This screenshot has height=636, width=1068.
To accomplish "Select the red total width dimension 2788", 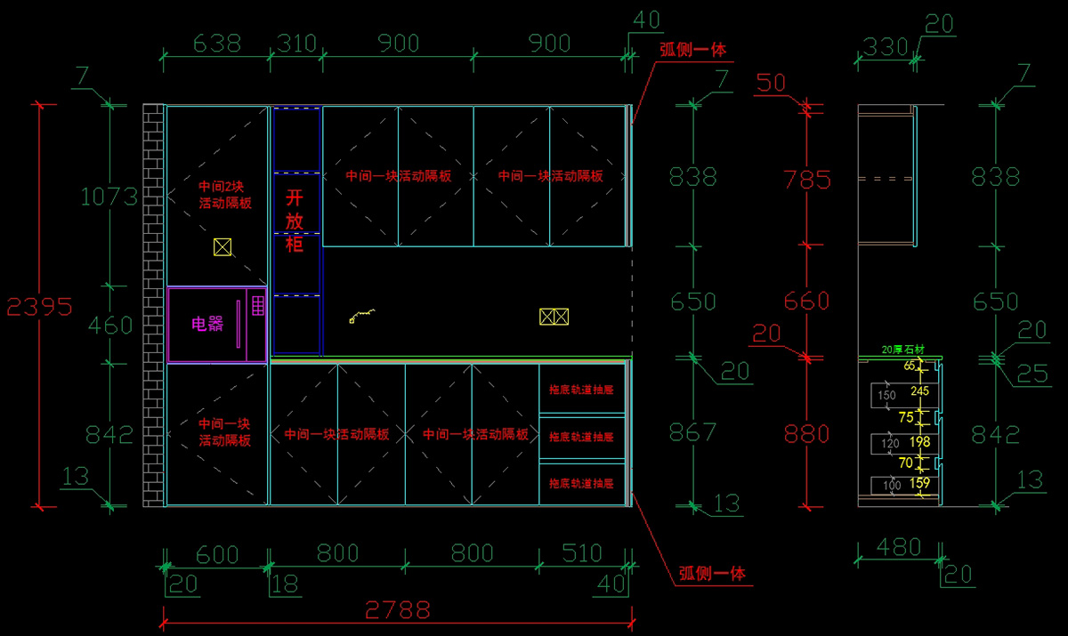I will (397, 610).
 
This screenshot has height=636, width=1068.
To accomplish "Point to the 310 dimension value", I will (297, 43).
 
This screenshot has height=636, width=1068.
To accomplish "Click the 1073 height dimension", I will (109, 197).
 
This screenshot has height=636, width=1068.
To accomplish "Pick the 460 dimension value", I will (109, 326).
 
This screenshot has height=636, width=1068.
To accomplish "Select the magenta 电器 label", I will (207, 325).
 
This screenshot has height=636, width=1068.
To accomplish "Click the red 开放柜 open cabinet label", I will (295, 220).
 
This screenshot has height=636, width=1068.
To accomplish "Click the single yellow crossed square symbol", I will (222, 247).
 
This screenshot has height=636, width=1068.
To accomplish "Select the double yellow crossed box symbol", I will (554, 316).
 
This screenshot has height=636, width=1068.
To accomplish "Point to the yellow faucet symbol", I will (362, 315).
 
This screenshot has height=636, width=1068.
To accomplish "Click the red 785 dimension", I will (807, 180).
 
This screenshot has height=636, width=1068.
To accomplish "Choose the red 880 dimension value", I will (807, 433).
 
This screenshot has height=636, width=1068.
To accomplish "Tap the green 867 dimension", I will (692, 432).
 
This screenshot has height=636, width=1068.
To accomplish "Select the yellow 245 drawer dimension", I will (920, 390).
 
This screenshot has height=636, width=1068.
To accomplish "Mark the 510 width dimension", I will (582, 553).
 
